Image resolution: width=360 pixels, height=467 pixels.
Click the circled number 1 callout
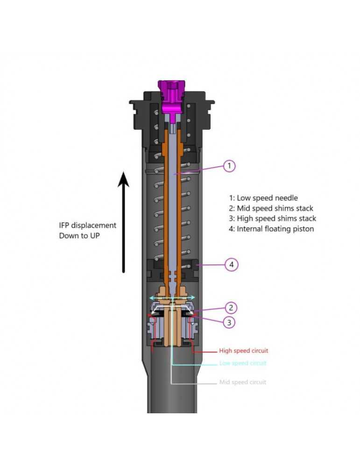click(229, 166)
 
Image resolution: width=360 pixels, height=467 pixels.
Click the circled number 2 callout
click(230, 308)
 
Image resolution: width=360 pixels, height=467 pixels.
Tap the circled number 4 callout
click(232, 265)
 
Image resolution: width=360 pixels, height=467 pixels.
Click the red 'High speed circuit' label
click(243, 351)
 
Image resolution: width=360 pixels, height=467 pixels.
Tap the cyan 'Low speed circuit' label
click(243, 363)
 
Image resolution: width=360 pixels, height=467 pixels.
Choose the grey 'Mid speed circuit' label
click(243, 382)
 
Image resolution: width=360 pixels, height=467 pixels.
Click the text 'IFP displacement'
click(87, 226)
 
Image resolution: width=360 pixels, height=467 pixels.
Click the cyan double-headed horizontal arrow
click(171, 297)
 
